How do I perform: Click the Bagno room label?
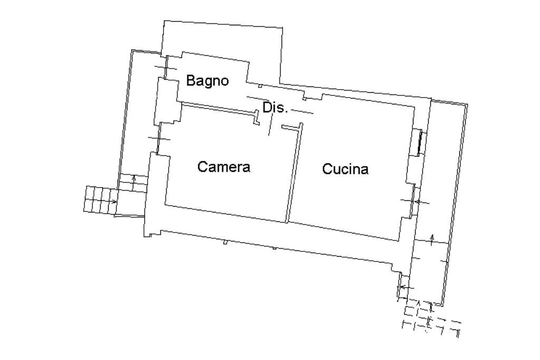[x=207, y=81]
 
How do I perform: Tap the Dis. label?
[x=275, y=108]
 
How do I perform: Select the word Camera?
[x=224, y=167]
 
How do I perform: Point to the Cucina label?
[x=345, y=169]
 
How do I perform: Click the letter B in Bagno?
[x=191, y=81]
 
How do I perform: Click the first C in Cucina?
[x=327, y=169]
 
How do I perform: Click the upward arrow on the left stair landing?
[x=134, y=180]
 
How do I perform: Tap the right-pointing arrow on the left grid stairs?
[x=114, y=201]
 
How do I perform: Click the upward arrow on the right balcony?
[x=432, y=238]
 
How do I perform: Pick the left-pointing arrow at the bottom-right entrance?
[x=402, y=287]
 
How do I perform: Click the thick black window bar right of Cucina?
[x=420, y=142]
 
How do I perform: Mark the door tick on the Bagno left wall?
[x=163, y=67]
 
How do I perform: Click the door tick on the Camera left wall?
[x=159, y=139]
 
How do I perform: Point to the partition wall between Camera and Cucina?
[x=293, y=174]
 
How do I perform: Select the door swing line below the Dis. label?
[x=271, y=125]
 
